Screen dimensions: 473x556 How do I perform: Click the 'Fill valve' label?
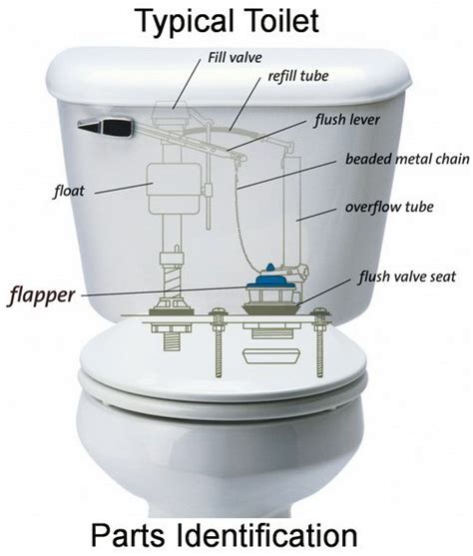[235, 57]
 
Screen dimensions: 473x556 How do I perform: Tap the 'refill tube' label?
[298, 76]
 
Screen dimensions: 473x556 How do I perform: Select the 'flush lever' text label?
[347, 120]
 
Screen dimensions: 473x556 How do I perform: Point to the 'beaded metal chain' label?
[407, 159]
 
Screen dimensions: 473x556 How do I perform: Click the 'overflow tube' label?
[389, 207]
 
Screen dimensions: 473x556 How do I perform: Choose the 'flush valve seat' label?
[407, 277]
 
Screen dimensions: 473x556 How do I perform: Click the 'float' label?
[69, 192]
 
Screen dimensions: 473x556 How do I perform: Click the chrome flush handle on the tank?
[106, 126]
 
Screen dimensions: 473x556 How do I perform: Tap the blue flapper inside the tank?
[270, 279]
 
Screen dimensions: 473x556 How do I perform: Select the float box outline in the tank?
[174, 189]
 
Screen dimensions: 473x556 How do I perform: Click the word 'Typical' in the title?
[185, 22]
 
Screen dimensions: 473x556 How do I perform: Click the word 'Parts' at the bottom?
[129, 535]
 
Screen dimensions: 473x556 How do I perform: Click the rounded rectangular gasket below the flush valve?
[271, 356]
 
